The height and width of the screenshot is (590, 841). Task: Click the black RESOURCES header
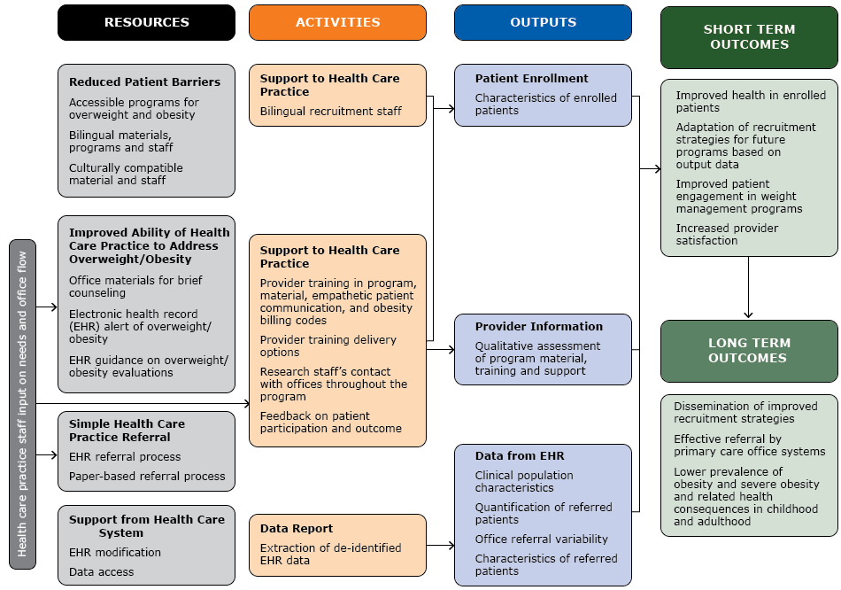tap(146, 22)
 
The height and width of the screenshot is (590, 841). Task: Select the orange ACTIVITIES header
tap(337, 22)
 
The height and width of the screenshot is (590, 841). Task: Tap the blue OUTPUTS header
tap(543, 22)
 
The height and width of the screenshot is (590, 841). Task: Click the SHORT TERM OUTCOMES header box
tap(749, 36)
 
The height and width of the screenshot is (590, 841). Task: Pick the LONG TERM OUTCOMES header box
tap(749, 350)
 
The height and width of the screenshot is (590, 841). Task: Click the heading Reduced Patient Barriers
tap(144, 82)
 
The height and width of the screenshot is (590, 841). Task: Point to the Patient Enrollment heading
tap(531, 79)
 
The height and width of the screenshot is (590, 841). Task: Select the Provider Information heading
tap(538, 326)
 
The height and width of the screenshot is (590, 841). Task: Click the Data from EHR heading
tap(519, 456)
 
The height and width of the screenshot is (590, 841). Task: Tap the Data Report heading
tap(297, 529)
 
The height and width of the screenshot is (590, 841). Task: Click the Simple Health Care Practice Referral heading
tap(127, 431)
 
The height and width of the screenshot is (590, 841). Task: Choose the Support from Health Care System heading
tap(146, 526)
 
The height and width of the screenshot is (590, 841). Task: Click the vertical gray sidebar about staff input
tap(22, 403)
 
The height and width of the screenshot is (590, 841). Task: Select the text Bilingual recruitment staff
tap(330, 112)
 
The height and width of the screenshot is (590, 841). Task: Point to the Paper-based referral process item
tap(147, 477)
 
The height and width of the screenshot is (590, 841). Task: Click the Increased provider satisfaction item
tap(727, 234)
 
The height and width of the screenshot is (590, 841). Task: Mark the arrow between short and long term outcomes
tap(748, 288)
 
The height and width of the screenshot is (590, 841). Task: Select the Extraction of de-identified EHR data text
tap(330, 554)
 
